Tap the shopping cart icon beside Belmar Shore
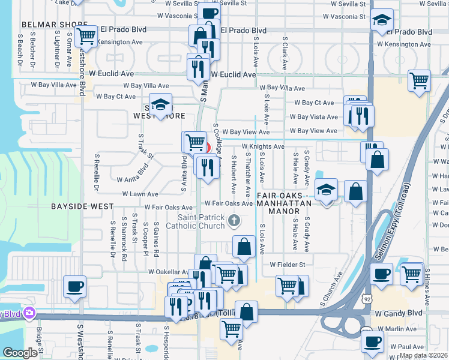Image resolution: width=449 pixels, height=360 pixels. click(87, 36)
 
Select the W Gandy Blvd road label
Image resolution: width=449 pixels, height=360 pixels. click(399, 313)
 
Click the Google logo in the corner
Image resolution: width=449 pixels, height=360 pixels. click(20, 353)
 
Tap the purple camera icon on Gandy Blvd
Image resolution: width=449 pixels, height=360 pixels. click(28, 313)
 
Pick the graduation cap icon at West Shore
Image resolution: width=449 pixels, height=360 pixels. click(160, 105)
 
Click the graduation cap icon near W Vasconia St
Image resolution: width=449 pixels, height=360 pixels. click(381, 20)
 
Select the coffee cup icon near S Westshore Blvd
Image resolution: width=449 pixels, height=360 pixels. click(74, 286)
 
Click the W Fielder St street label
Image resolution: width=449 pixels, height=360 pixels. click(288, 264)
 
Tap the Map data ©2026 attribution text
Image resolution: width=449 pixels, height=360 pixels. click(423, 355)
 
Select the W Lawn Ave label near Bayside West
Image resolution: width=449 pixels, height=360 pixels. click(140, 194)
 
